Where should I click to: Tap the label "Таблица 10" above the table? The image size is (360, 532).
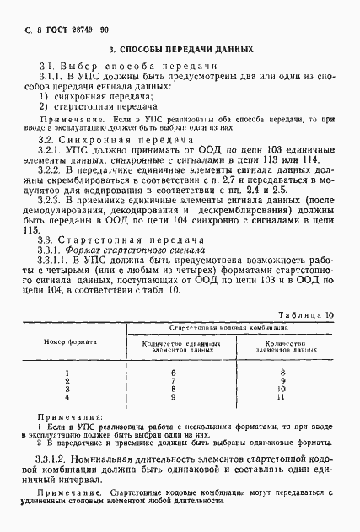[308, 314]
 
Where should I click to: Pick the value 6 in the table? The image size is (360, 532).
[173, 372]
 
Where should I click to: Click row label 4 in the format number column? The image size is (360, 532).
[67, 396]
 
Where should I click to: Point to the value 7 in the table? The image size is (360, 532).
[173, 380]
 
